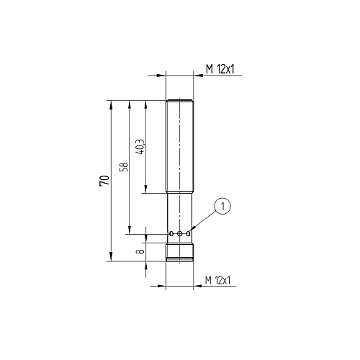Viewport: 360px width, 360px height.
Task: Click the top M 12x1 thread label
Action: point(220,69)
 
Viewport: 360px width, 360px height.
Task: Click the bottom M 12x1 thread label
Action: point(217,280)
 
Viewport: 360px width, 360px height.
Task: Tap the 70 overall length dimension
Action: point(104,181)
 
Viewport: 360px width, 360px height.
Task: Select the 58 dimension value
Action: point(124,167)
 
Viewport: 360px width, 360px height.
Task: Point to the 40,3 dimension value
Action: point(140,147)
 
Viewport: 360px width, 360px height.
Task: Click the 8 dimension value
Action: point(141,251)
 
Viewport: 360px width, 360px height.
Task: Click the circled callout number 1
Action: point(222,206)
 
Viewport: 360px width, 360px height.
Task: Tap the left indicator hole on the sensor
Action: point(171,233)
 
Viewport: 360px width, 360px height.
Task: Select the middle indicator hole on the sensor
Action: point(180,233)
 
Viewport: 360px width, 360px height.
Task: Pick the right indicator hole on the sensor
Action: point(189,233)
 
